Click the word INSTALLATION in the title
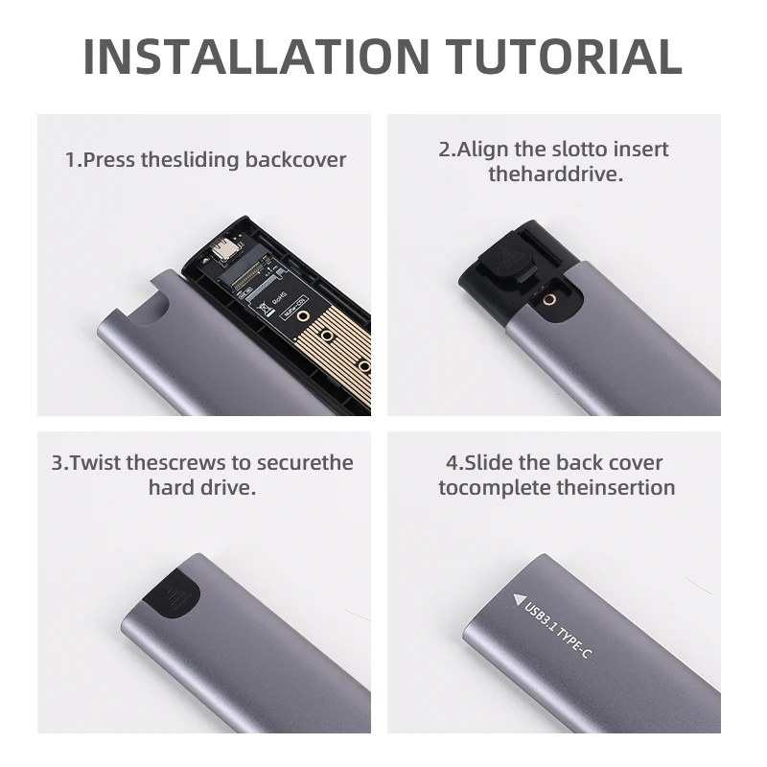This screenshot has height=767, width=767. [256, 56]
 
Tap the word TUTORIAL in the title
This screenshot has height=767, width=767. [564, 56]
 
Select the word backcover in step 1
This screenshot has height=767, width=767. [295, 160]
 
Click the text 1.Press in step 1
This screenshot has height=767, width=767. [101, 160]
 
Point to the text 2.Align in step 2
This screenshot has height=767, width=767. [473, 150]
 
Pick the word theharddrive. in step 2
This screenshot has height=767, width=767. [556, 174]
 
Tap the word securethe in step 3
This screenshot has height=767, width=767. [305, 463]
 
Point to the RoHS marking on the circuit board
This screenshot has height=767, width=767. [279, 299]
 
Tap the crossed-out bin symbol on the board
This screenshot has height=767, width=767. [265, 308]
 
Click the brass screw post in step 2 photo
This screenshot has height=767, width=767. [551, 300]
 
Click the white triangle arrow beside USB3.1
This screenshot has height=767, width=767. [519, 599]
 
